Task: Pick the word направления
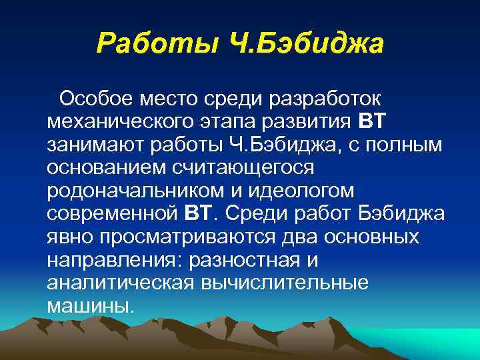click(x=113, y=258)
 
